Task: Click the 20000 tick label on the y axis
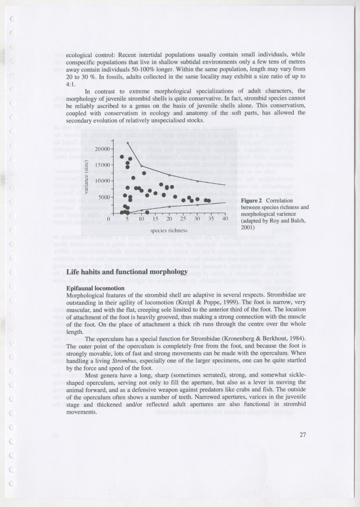click(102, 149)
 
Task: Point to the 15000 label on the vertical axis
click(102, 165)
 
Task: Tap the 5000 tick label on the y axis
click(104, 197)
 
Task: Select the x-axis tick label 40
click(225, 219)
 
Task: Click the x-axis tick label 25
click(183, 219)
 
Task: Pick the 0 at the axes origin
click(109, 219)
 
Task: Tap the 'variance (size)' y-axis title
click(86, 177)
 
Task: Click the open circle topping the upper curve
click(127, 143)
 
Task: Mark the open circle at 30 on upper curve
click(197, 181)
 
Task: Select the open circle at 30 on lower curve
click(197, 205)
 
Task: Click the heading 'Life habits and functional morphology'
click(127, 271)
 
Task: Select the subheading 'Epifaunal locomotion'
click(95, 288)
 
